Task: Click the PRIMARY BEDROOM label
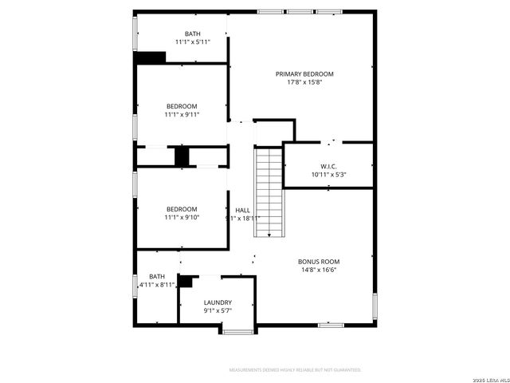pos(304,74)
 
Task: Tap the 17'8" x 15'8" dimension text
pos(304,82)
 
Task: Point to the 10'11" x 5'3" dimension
pos(328,174)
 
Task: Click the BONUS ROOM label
pos(319,262)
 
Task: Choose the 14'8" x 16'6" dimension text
pos(319,270)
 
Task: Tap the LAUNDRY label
pos(218,302)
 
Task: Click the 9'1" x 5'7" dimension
pos(218,310)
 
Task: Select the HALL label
pos(242,211)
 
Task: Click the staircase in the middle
pos(269,191)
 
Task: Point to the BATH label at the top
pos(193,34)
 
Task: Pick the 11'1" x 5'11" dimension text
pos(193,41)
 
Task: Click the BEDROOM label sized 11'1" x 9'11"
pos(182,106)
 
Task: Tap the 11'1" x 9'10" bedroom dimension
pos(182,217)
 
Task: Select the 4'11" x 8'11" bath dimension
pos(157,284)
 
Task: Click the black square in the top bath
pos(151,57)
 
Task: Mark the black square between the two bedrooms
pos(182,156)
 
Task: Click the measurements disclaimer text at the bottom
pos(295,370)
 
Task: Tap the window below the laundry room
pos(237,331)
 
